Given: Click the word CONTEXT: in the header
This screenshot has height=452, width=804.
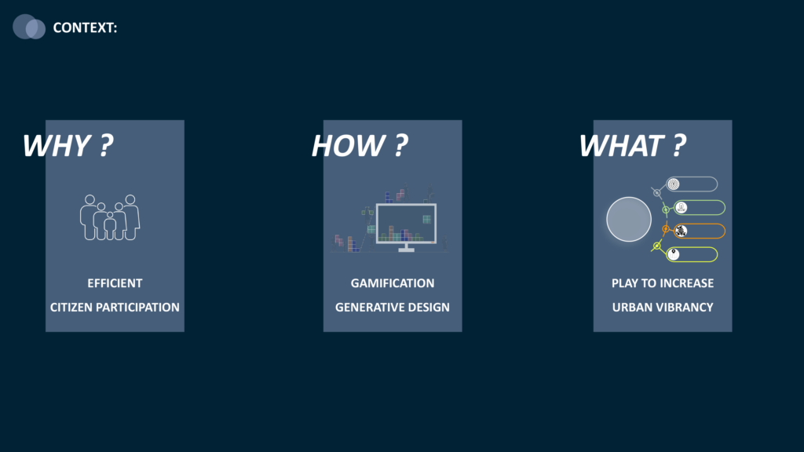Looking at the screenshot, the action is [x=85, y=27].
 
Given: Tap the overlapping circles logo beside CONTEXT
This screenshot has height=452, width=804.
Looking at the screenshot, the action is [x=29, y=27].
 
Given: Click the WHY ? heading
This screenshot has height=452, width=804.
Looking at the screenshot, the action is [x=68, y=145].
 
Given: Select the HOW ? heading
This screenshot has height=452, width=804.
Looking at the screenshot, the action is [x=360, y=145].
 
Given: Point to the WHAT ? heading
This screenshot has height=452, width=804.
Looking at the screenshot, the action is [x=632, y=145].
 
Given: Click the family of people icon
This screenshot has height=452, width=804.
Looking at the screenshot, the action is [x=110, y=217].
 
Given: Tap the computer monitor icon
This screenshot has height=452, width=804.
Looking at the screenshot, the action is [x=406, y=227].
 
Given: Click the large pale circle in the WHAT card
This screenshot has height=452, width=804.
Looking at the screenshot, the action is [x=629, y=220].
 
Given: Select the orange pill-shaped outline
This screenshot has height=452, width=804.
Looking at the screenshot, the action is [x=700, y=231].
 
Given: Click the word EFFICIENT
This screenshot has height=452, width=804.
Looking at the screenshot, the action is [x=115, y=283].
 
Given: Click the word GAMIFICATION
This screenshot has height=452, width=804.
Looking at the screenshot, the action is [x=393, y=283].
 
